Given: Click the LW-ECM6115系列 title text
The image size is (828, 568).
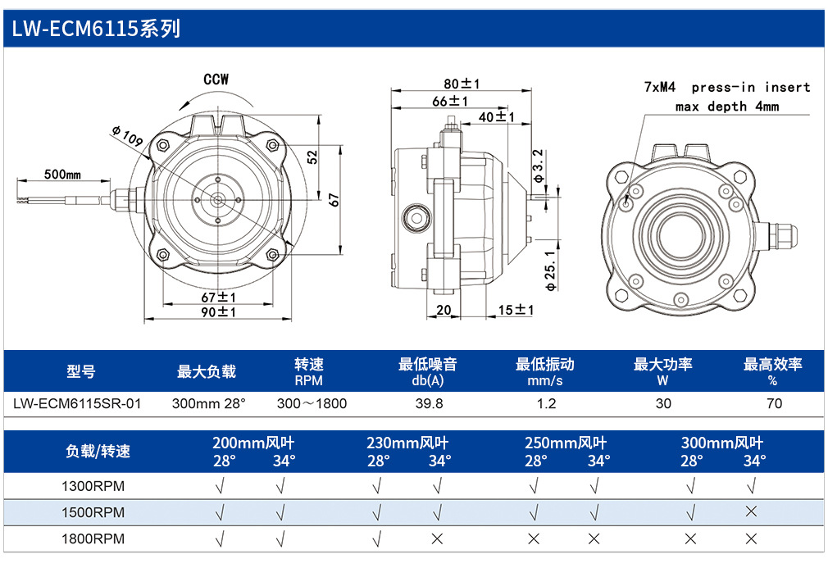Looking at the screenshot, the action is point(96,29).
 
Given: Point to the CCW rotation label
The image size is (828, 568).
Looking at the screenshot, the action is point(216,80).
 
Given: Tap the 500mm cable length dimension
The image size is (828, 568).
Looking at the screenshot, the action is point(62,175).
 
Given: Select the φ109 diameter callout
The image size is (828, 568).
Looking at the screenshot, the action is point(127,136).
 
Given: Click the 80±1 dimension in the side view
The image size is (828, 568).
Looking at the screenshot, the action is point(462,84).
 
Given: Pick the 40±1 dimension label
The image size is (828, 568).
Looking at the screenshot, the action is point(496,116).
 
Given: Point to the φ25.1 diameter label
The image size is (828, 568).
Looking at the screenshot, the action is point(550,270).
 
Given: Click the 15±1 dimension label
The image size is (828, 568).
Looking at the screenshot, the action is point(516,310).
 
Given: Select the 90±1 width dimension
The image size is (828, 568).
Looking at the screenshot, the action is point(219,312).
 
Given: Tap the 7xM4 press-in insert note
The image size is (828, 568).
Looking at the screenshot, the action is point(727,97).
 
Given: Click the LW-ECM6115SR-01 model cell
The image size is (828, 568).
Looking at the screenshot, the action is point(78,404).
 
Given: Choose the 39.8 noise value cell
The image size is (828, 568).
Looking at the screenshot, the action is point(430,404).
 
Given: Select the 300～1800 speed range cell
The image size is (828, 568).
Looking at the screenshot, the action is point(312,404).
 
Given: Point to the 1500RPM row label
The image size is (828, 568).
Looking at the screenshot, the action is point(93,512).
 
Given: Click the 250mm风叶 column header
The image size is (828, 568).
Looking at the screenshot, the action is point(566,443).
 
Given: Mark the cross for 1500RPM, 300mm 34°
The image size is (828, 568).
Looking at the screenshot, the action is point(751,511).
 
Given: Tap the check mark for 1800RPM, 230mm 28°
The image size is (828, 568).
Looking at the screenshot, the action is point(377,539).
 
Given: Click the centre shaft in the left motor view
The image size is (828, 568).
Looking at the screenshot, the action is point(217,200).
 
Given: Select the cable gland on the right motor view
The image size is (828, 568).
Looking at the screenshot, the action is point(778,236).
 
